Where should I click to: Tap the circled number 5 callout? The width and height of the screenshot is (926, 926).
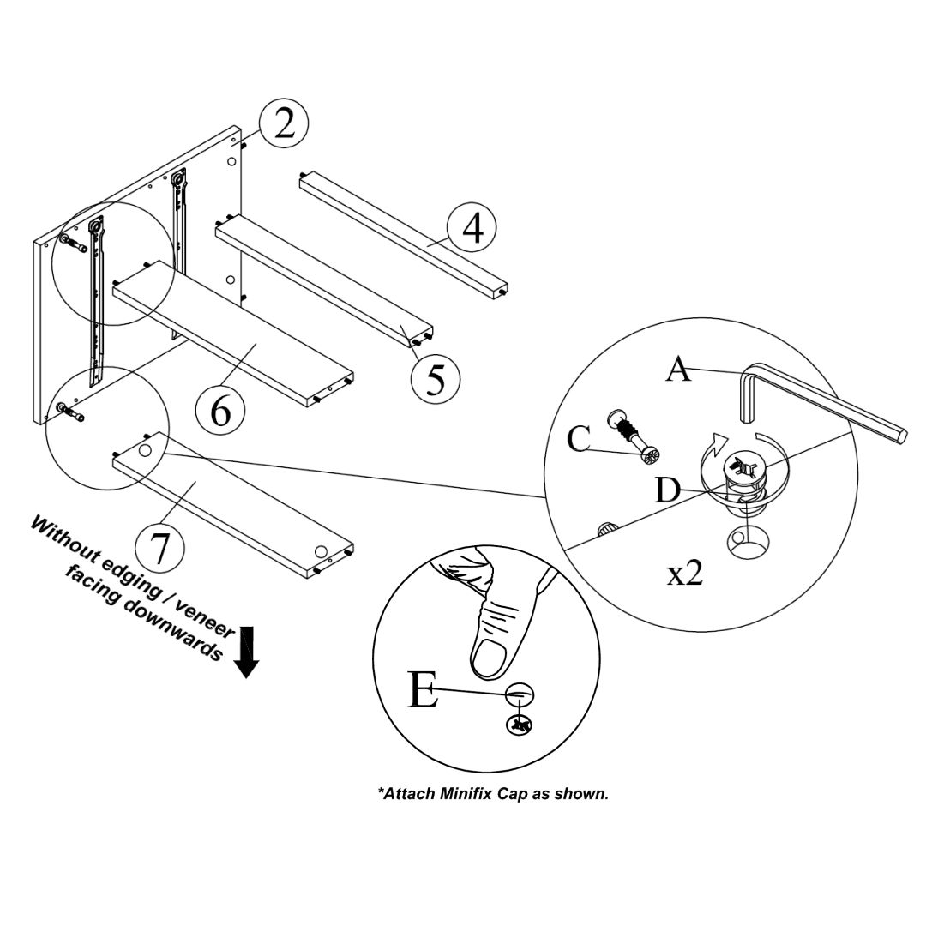[436, 378]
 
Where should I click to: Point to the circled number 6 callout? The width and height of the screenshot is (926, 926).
[220, 410]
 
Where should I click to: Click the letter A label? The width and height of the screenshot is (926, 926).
[678, 370]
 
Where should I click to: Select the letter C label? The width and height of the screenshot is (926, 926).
[580, 439]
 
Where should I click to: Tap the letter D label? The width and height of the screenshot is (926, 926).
[669, 492]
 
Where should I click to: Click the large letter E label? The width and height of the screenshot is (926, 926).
[424, 691]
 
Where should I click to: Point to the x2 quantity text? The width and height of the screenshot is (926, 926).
[685, 574]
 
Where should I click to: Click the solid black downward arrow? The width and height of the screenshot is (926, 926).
[247, 652]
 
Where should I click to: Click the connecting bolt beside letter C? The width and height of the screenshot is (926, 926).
[633, 435]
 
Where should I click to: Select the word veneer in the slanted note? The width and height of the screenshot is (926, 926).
[205, 614]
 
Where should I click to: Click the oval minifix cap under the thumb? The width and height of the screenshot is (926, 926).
[520, 693]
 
